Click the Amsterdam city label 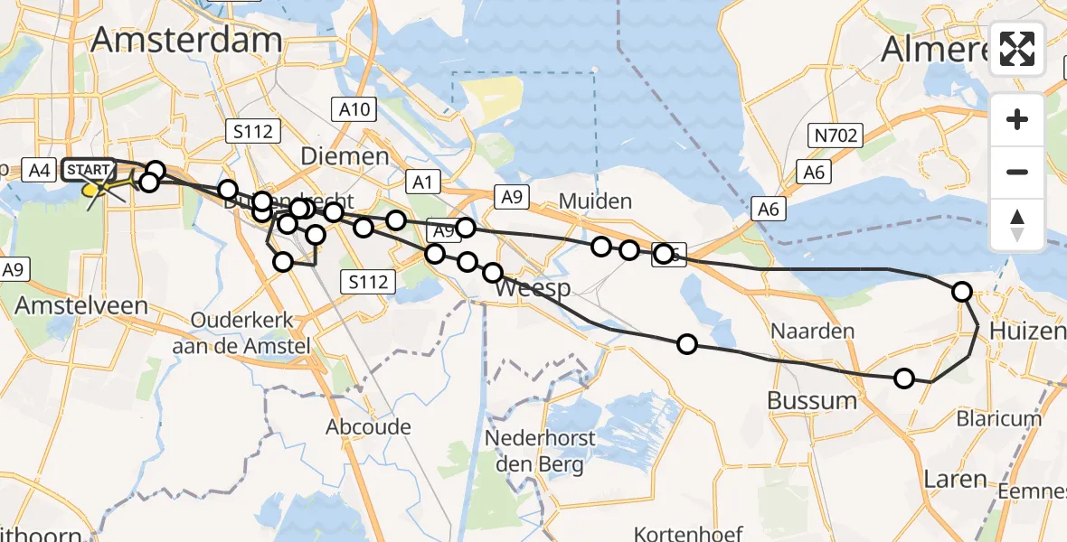pyautogui.click(x=186, y=41)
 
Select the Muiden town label pyautogui.click(x=595, y=201)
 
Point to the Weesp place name pyautogui.click(x=533, y=288)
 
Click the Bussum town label pyautogui.click(x=811, y=400)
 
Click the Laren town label pyautogui.click(x=955, y=478)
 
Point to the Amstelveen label pyautogui.click(x=80, y=305)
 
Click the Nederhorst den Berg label pyautogui.click(x=540, y=452)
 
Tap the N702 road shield pyautogui.click(x=835, y=136)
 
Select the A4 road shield pyautogui.click(x=38, y=169)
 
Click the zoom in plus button pyautogui.click(x=1017, y=119)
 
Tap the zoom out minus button pyautogui.click(x=1017, y=172)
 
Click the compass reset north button pyautogui.click(x=1017, y=224)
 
